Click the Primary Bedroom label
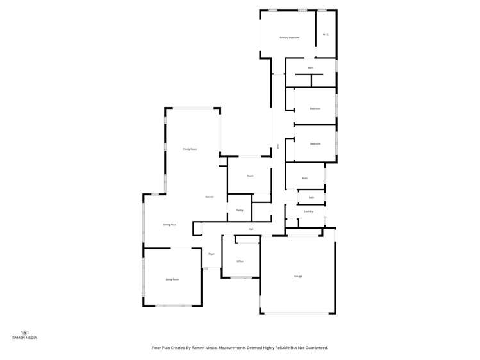pos(290,38)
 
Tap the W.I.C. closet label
pos(326,35)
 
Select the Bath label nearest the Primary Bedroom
pos(311,67)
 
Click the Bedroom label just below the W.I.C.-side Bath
pos(315,108)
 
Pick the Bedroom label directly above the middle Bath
pos(315,143)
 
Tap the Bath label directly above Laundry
pos(311,197)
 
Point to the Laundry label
pos(308,211)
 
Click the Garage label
pos(298,276)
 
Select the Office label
pos(240,261)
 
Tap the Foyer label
pos(211,254)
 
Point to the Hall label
pos(251,229)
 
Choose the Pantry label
pos(239,210)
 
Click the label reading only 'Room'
pos(250,176)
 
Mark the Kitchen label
pos(210,197)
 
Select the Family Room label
pos(190,149)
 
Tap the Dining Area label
pos(170,225)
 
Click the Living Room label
pos(172,279)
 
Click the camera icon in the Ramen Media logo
pos(25,332)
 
